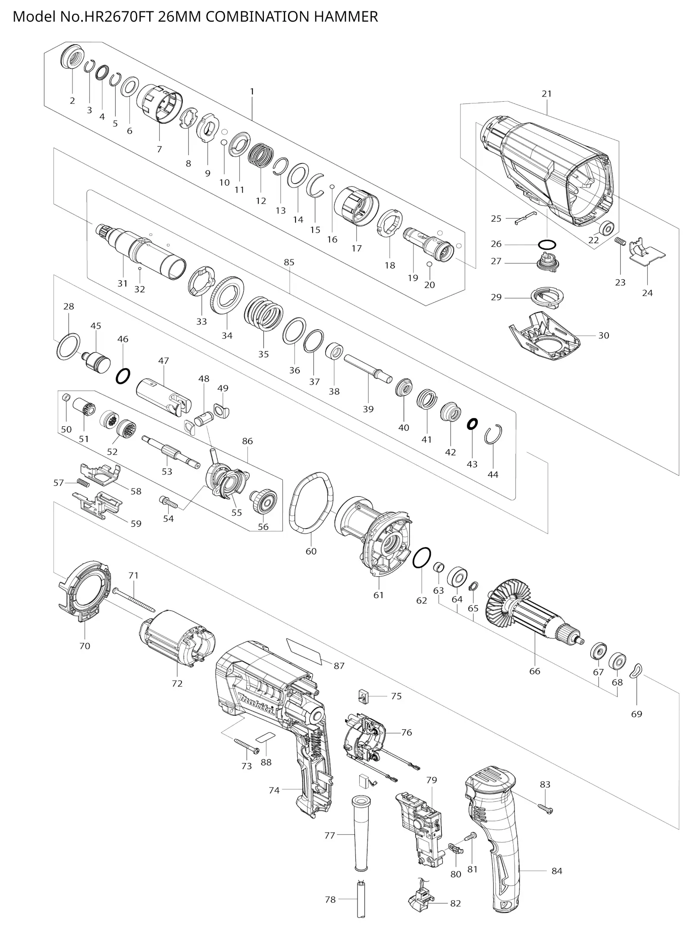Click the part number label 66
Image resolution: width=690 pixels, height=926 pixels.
(x=534, y=671)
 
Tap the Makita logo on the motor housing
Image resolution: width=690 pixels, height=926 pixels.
(x=257, y=704)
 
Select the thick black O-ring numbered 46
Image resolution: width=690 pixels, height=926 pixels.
(x=123, y=376)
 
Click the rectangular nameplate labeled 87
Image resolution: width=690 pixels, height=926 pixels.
(x=305, y=651)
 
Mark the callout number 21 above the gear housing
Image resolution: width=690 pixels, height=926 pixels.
(x=546, y=94)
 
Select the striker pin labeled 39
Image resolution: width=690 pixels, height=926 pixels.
(x=368, y=366)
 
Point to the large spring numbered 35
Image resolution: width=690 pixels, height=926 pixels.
(x=263, y=313)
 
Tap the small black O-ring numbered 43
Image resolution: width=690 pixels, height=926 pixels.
(x=472, y=424)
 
